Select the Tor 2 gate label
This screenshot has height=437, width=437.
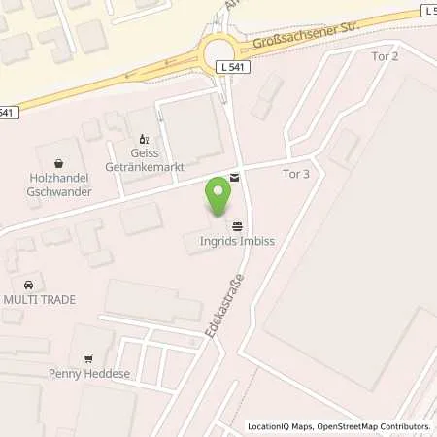[386, 56]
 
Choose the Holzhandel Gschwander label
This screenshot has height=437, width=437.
[63, 182]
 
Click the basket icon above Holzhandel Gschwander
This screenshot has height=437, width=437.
[63, 161]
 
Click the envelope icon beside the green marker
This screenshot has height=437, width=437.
[234, 178]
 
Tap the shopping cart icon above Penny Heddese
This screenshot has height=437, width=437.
[90, 353]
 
